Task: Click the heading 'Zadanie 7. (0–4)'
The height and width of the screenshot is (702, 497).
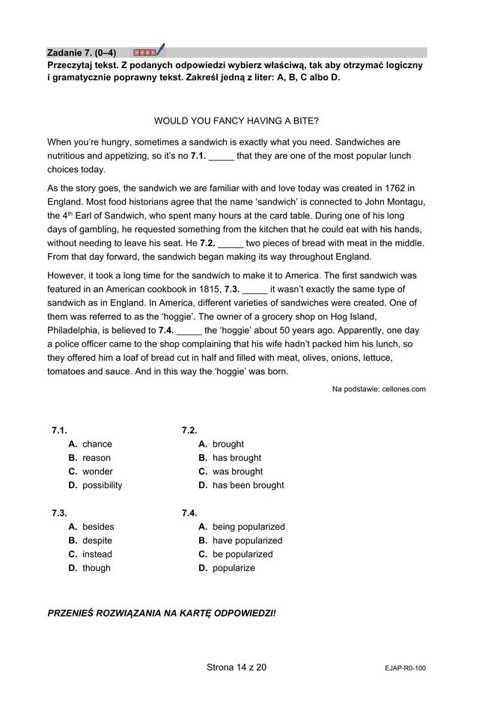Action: point(82,53)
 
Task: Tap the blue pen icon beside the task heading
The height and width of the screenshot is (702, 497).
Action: point(159,51)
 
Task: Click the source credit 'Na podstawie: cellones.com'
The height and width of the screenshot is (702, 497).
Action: point(379,388)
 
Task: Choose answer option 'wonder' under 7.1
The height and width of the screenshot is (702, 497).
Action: point(97,471)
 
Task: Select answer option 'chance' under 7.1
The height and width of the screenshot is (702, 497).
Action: point(97,444)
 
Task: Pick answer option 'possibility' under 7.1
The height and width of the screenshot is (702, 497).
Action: point(102,485)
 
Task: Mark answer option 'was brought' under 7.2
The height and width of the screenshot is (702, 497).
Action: point(237,471)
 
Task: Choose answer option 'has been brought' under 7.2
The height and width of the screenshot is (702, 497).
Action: point(248,485)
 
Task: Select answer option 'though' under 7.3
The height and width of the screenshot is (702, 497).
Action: point(96,568)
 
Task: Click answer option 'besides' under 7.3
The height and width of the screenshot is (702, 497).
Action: point(98,527)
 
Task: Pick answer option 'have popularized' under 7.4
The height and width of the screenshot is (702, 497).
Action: point(247,540)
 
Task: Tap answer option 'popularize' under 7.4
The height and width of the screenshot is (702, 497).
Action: point(234,568)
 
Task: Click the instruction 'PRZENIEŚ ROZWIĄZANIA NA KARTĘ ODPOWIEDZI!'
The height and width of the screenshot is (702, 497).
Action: point(161,613)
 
